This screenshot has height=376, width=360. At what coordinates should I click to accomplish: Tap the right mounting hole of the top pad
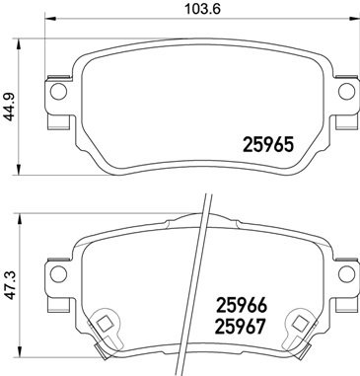tap(345, 92)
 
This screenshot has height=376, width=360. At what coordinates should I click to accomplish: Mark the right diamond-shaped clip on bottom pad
tap(295, 323)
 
